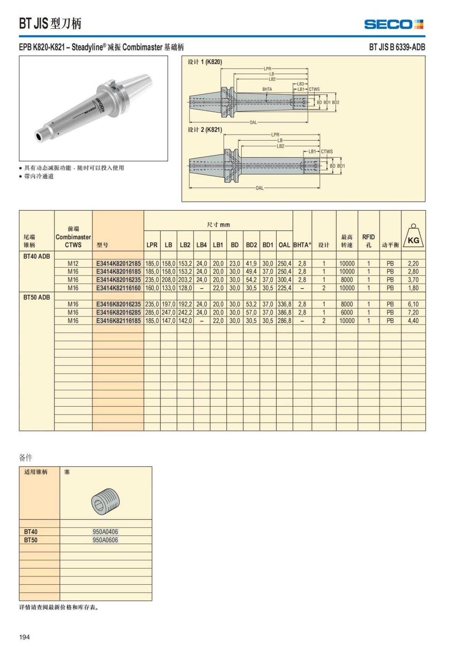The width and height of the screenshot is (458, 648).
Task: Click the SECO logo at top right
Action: (x=393, y=24)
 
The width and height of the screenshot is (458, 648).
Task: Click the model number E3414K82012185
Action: (x=118, y=263)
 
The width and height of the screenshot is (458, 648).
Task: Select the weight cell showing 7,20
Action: (x=413, y=312)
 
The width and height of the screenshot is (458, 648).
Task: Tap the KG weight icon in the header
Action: (x=413, y=237)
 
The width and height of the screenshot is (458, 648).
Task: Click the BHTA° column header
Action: (x=302, y=245)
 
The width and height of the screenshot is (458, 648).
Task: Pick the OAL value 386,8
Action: (x=284, y=312)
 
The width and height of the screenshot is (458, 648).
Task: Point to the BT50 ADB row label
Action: (x=36, y=297)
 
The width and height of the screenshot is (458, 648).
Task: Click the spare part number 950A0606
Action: (x=105, y=540)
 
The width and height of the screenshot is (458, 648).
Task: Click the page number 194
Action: (x=24, y=637)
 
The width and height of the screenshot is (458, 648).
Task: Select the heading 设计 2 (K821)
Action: (x=205, y=130)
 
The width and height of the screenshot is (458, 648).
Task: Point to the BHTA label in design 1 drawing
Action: (x=267, y=89)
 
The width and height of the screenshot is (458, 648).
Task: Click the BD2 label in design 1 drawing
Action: (x=335, y=102)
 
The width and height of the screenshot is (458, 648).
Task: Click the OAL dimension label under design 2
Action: (x=260, y=188)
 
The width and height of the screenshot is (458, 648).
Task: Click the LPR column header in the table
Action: (x=152, y=245)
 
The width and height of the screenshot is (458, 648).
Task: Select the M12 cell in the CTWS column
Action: (x=73, y=263)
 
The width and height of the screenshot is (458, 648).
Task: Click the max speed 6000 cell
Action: (x=347, y=312)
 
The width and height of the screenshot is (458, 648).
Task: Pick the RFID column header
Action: (x=368, y=241)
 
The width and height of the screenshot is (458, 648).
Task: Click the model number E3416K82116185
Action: (x=118, y=321)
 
